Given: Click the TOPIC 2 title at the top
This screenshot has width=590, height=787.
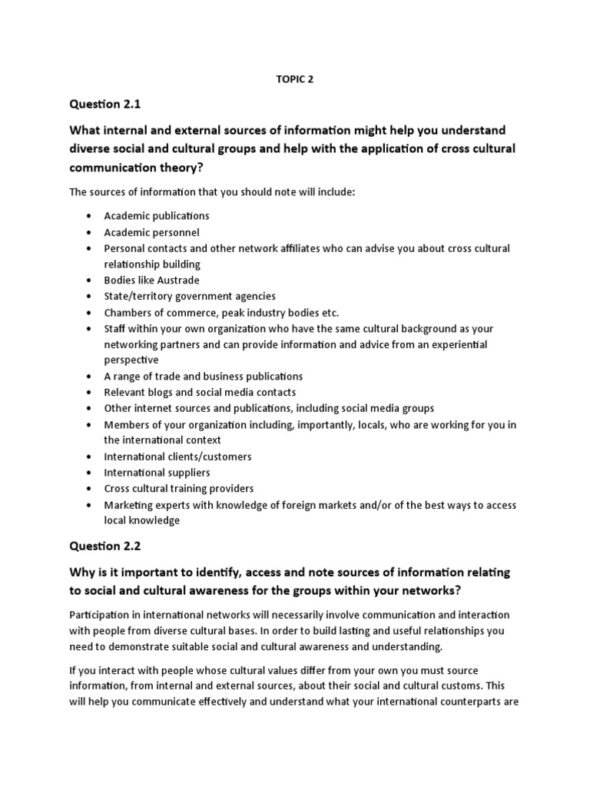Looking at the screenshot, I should point(296,78).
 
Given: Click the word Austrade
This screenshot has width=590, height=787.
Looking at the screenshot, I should point(164,281).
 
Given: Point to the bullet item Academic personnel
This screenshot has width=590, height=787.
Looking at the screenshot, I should point(151,232).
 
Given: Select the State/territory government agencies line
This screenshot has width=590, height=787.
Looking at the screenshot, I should point(190,297).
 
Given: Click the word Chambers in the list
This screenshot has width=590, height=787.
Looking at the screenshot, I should point(127,313).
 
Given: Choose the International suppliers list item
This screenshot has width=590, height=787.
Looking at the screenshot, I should point(157,473).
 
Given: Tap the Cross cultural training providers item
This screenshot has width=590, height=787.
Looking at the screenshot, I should point(178,489).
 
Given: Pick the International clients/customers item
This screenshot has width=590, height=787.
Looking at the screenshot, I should point(177,457).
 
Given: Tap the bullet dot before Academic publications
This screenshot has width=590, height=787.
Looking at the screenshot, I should point(90,217).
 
